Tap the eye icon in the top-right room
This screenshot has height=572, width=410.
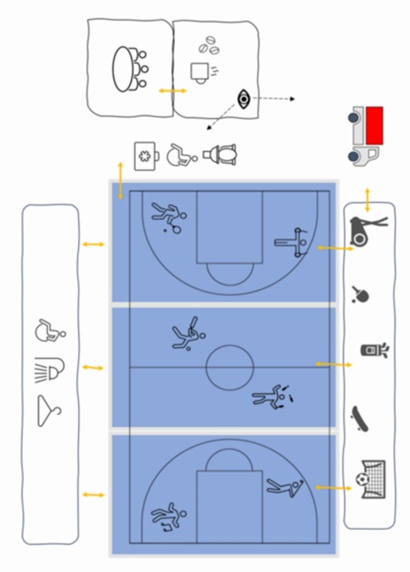[x=243, y=98]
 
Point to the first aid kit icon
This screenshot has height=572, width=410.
[x=146, y=155]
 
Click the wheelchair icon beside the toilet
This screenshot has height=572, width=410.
[x=181, y=154]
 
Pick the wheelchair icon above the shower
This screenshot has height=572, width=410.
[x=50, y=330]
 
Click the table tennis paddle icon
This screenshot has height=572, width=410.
[x=360, y=294]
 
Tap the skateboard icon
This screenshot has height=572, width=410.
[x=360, y=417]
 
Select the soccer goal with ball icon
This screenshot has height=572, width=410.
[x=371, y=480]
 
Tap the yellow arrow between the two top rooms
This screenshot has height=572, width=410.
[x=172, y=91]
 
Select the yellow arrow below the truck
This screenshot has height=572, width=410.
[x=368, y=194]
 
